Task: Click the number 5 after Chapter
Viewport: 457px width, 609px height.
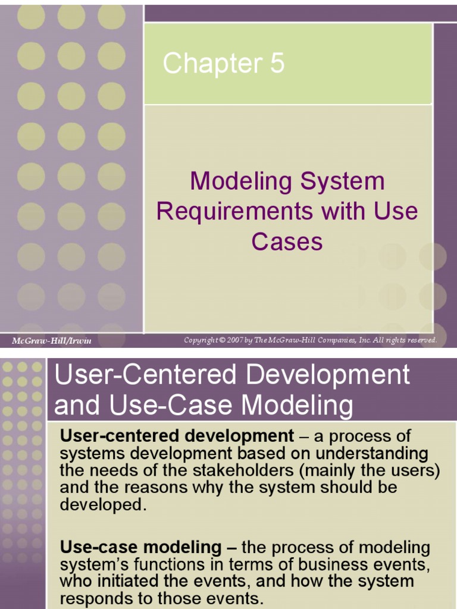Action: click(x=277, y=64)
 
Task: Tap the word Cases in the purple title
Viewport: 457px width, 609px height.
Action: click(x=287, y=241)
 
